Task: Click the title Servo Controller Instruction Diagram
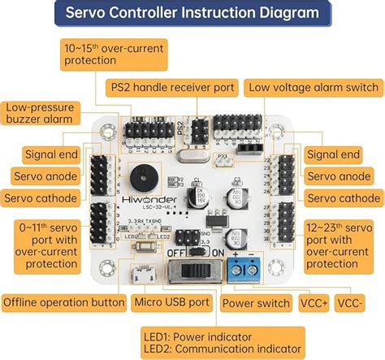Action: coord(192,13)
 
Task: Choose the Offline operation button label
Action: coord(63,303)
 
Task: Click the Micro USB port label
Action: coord(171,303)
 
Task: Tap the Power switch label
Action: coord(256,303)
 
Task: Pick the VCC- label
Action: coord(361,303)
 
